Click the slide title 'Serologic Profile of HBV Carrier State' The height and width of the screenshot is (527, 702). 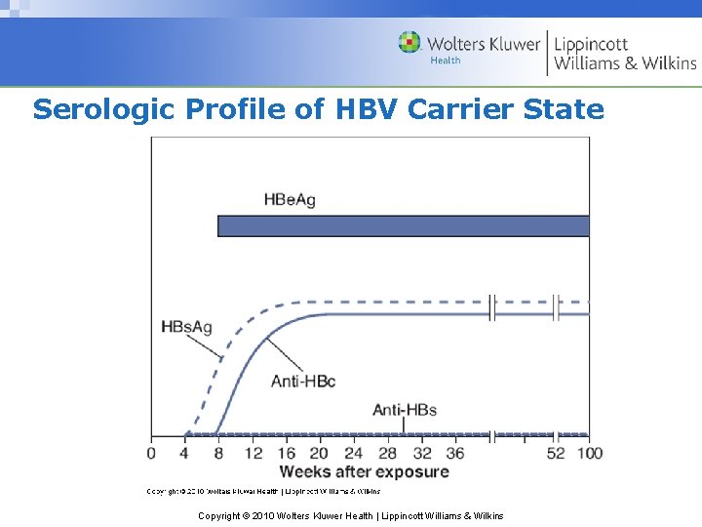318,109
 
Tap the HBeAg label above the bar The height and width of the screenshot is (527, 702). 290,200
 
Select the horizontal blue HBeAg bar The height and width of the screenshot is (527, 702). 403,225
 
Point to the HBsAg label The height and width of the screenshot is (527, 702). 186,327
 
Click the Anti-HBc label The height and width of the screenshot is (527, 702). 303,381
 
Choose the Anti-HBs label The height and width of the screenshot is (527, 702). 405,410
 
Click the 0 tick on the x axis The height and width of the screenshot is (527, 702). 151,454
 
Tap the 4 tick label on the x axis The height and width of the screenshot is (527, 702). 185,454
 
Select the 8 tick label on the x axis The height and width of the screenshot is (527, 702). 219,454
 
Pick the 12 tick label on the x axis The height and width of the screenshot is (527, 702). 253,454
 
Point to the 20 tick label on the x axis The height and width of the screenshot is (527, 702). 320,454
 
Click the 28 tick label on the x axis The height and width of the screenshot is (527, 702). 387,454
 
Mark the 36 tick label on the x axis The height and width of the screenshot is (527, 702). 454,454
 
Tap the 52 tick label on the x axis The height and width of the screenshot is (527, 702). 556,454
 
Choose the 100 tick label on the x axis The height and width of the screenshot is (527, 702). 590,454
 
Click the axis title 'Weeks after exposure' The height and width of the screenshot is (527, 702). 364,472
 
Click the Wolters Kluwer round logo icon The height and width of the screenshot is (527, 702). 409,42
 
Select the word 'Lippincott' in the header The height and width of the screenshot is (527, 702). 591,44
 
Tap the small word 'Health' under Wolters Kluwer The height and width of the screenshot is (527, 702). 446,61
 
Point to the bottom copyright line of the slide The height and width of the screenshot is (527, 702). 350,515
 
